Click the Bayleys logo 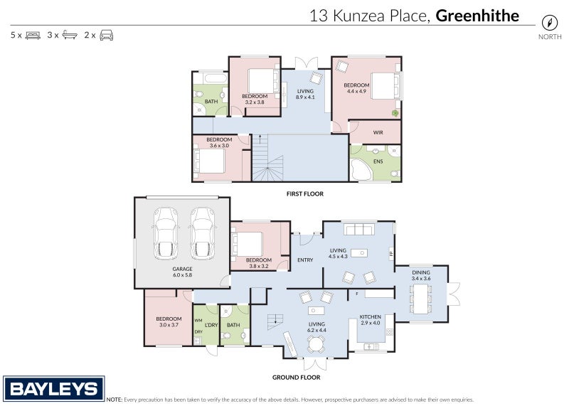pyautogui.click(x=53, y=388)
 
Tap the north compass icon pyautogui.click(x=549, y=22)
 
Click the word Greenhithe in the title pyautogui.click(x=477, y=16)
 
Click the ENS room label pyautogui.click(x=378, y=161)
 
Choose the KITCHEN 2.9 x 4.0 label pyautogui.click(x=371, y=320)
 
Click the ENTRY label pyautogui.click(x=305, y=260)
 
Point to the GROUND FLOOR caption pyautogui.click(x=296, y=378)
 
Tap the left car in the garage pyautogui.click(x=166, y=234)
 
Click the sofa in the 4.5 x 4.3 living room pyautogui.click(x=358, y=229)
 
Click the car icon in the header pyautogui.click(x=105, y=34)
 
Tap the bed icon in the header pyautogui.click(x=33, y=34)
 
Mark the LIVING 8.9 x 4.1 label pyautogui.click(x=305, y=94)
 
